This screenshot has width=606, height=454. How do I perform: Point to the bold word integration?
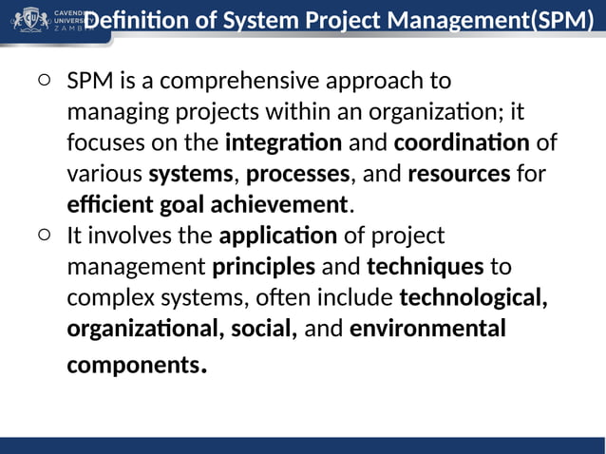pyautogui.click(x=283, y=143)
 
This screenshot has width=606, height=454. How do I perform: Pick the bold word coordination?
pyautogui.click(x=462, y=143)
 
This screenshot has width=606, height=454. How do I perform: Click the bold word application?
pyautogui.click(x=277, y=235)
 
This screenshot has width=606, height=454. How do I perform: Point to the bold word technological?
pyautogui.click(x=473, y=296)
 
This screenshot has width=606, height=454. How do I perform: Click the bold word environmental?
pyautogui.click(x=427, y=328)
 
